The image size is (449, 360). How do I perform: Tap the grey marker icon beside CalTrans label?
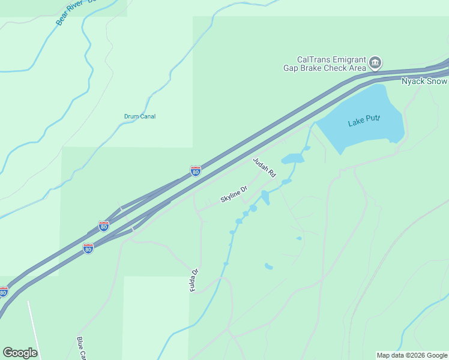tap(375, 62)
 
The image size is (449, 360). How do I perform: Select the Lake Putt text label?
tap(364, 122)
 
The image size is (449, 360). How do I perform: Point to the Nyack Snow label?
tap(424, 82)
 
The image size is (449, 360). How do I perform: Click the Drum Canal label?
tap(140, 116)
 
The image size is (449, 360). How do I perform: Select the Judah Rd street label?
tap(264, 167)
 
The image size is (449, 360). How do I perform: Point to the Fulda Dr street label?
tap(193, 280)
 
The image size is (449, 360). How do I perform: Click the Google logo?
tap(20, 353)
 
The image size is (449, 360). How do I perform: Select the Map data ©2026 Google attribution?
tap(412, 355)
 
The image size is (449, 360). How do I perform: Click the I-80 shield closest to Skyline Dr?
tap(196, 172)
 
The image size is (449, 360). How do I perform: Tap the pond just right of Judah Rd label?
tap(292, 159)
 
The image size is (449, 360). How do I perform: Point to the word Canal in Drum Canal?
tap(148, 116)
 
